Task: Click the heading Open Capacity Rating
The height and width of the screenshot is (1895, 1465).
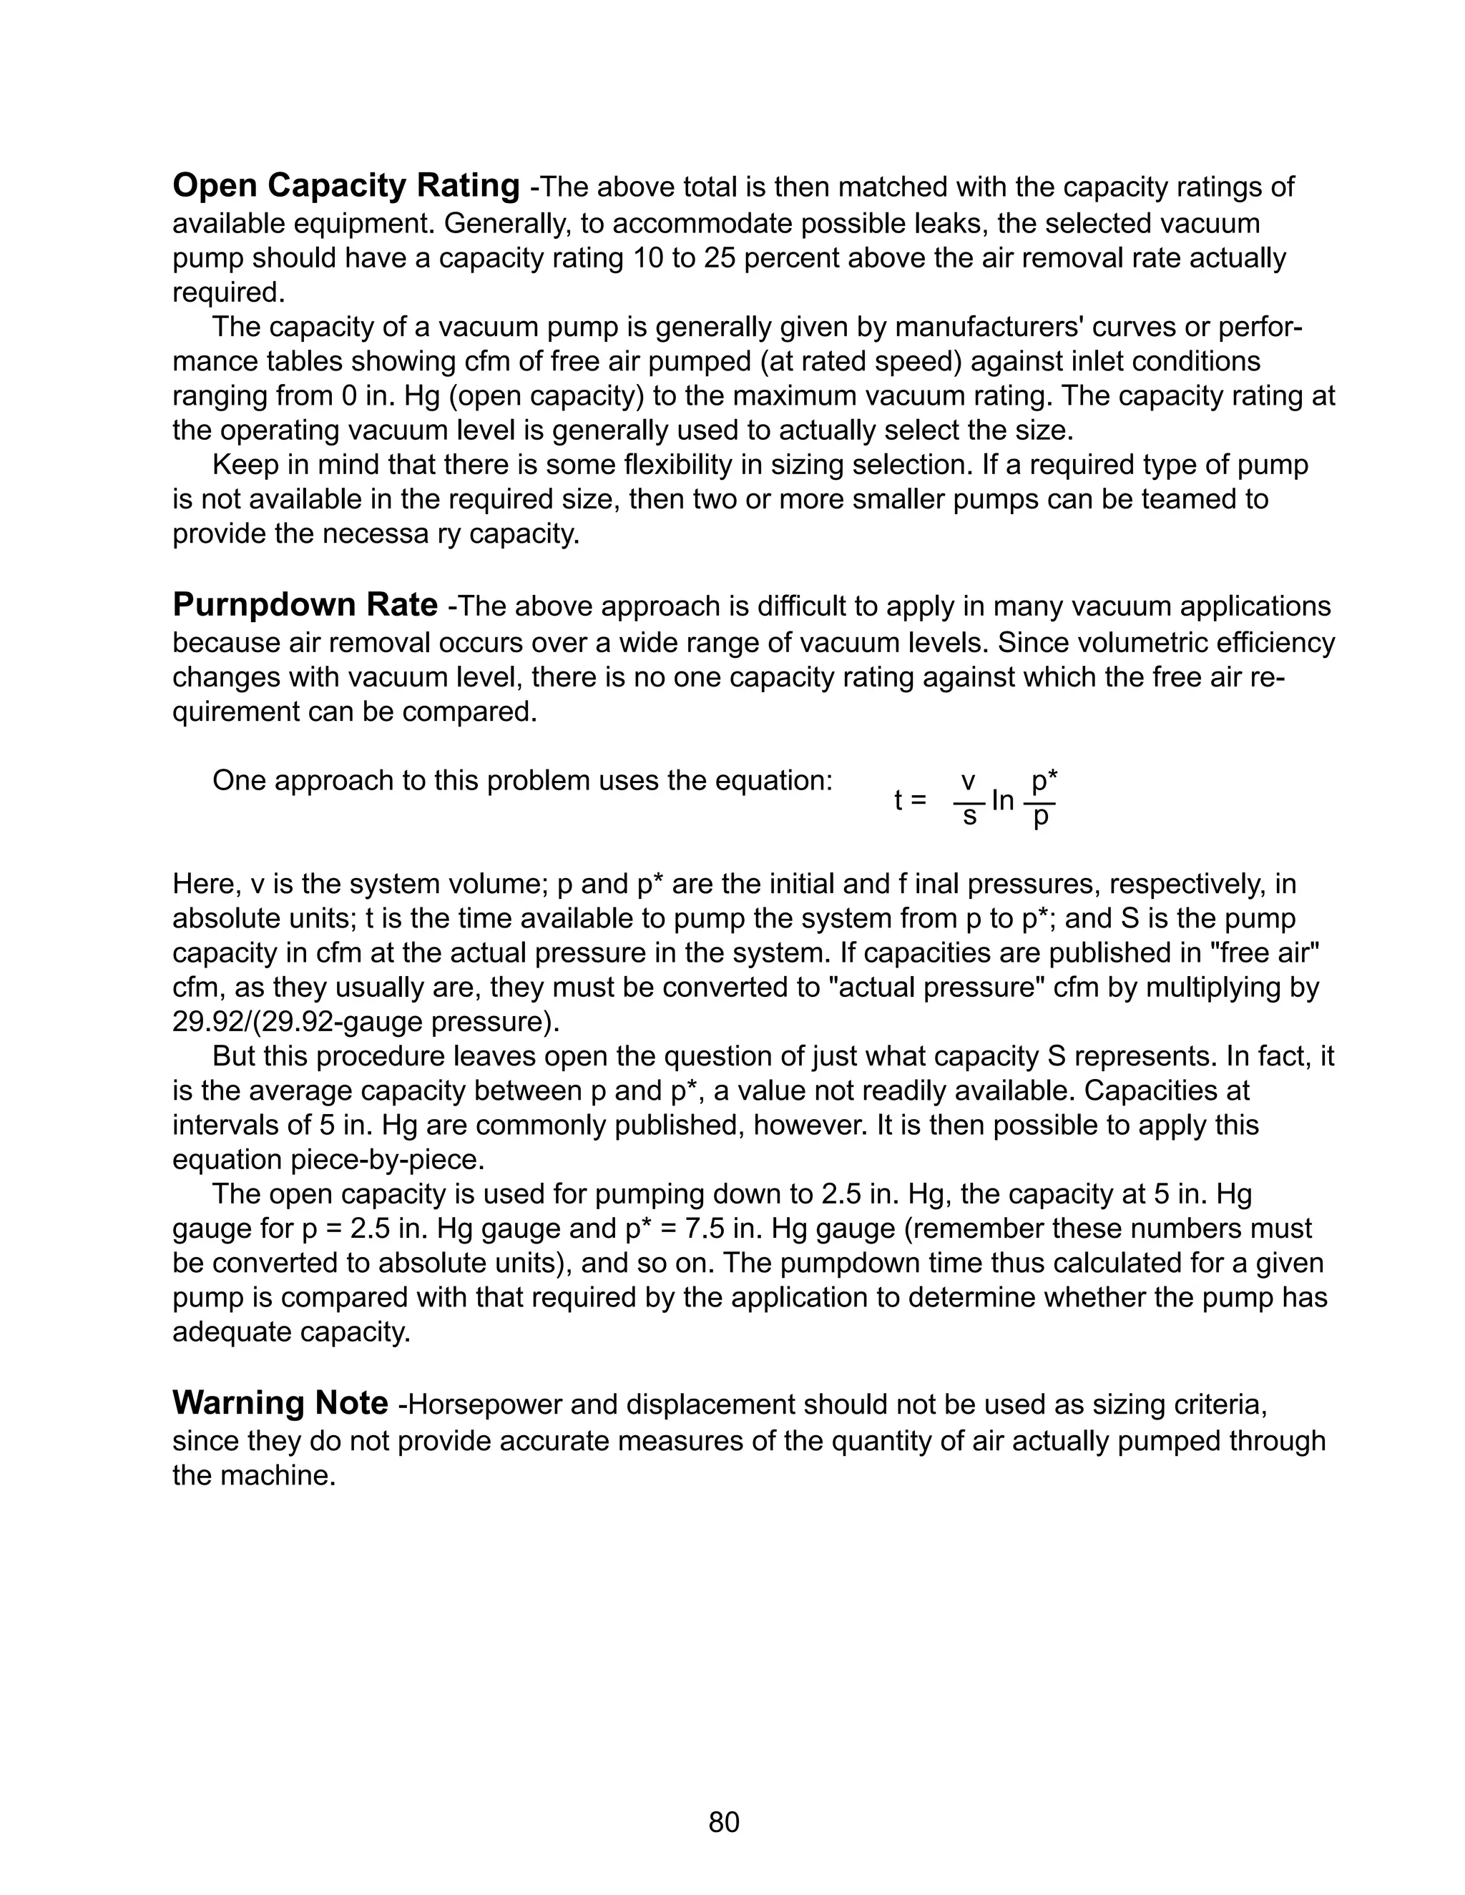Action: coord(346,187)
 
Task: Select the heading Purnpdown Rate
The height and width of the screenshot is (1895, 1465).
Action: coord(305,605)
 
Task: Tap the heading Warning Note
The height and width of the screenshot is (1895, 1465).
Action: coord(280,1403)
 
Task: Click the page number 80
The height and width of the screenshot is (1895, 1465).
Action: coord(724,1822)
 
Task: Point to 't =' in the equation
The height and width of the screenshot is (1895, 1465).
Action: coord(911,800)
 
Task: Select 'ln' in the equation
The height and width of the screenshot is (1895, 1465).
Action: coord(1002,800)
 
